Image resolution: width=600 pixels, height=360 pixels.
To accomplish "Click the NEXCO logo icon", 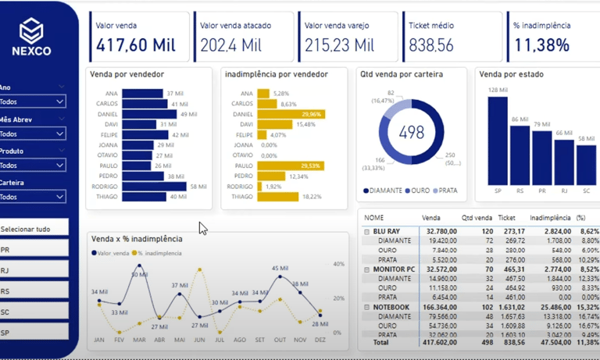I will tap(32, 30).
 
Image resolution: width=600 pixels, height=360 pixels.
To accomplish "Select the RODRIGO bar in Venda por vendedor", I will tap(154, 187).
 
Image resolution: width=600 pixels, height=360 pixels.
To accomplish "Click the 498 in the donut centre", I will tap(410, 132).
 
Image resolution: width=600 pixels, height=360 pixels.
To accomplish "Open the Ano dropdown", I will tap(32, 102).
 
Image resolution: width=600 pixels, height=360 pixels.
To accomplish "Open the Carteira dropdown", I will tap(32, 197).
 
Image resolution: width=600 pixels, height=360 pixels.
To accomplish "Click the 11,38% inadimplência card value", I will tap(541, 45).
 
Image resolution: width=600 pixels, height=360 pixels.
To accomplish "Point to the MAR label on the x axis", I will tap(139, 340).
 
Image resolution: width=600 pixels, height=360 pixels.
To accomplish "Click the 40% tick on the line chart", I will tap(339, 264).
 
